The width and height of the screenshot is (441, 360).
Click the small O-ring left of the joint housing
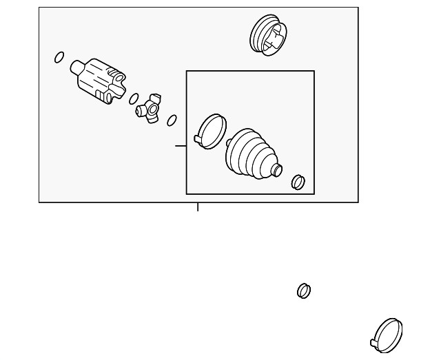(59, 56)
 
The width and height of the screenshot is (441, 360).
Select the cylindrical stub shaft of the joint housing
(78, 67)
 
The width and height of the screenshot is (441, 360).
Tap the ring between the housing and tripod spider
(135, 98)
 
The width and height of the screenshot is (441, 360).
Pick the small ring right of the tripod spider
(172, 120)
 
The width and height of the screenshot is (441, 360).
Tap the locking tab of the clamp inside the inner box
(198, 139)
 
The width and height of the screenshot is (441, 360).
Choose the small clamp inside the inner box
(298, 181)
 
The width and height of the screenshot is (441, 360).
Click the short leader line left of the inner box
(181, 146)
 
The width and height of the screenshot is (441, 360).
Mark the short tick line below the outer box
(198, 207)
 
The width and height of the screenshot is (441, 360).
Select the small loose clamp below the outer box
(303, 290)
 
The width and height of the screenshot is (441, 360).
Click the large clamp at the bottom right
(388, 333)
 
